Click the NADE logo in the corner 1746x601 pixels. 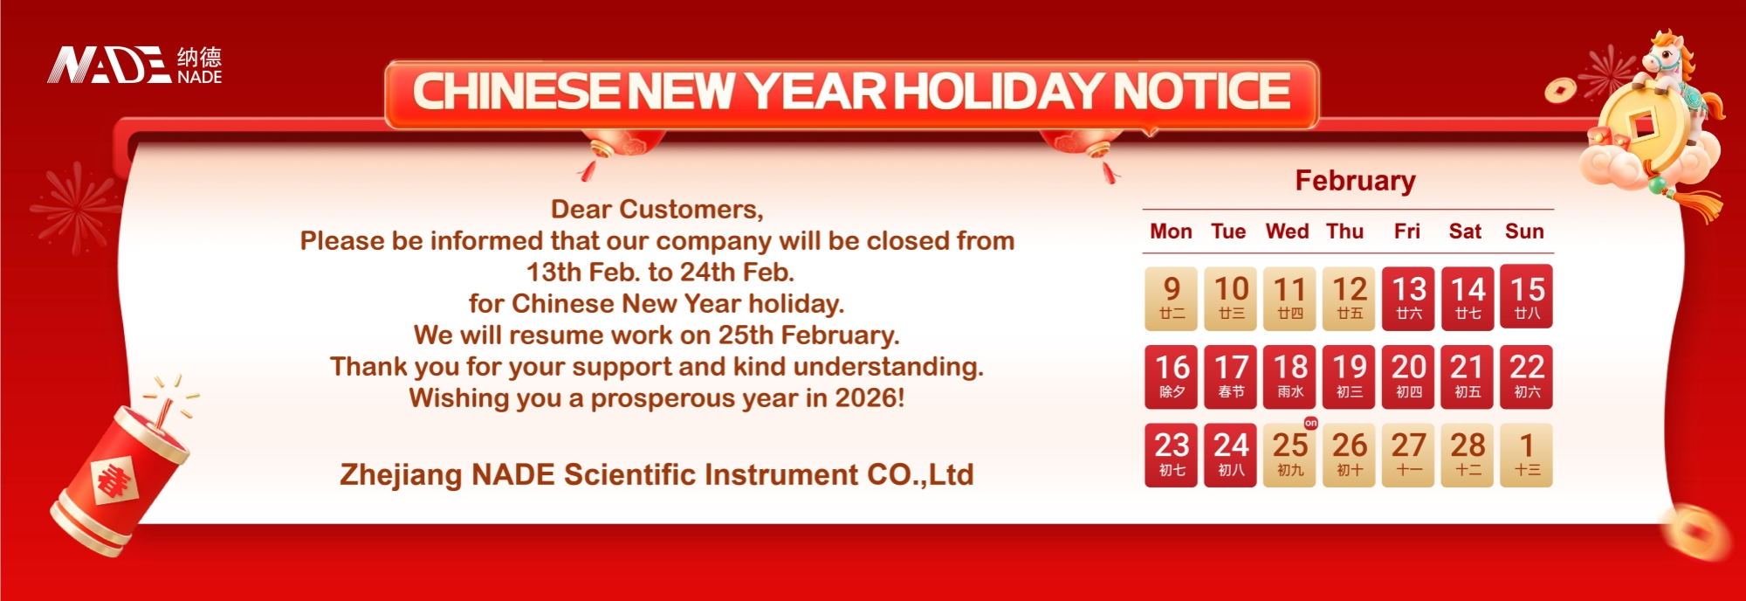click(134, 65)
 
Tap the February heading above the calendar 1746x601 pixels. click(1355, 181)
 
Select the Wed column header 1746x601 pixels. click(1287, 231)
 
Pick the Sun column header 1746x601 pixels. click(1524, 231)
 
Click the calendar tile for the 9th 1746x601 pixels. click(1172, 298)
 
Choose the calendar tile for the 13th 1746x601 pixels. click(1408, 298)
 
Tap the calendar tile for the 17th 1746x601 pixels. click(1231, 376)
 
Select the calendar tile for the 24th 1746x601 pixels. click(1231, 454)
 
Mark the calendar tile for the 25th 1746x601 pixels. click(1289, 454)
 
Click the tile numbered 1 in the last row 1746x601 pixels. click(1527, 454)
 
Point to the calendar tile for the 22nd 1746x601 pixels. click(1527, 376)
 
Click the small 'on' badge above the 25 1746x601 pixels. click(1310, 423)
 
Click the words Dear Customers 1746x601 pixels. click(656, 210)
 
